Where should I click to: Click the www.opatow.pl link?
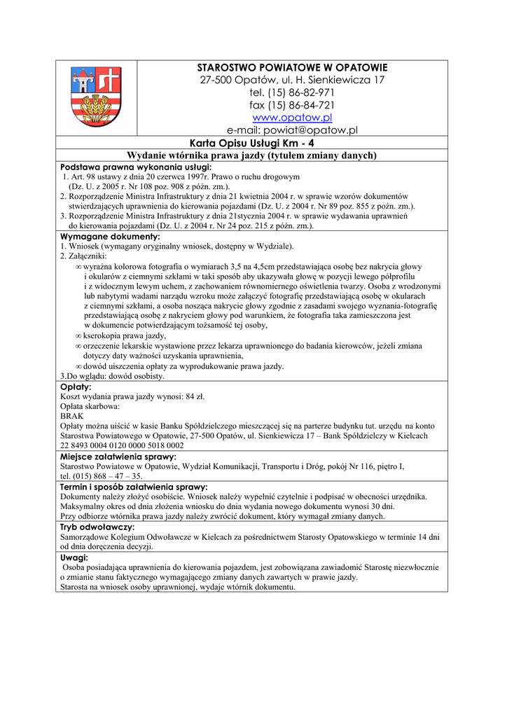coord(292,118)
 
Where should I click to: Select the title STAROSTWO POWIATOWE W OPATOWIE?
coord(292,67)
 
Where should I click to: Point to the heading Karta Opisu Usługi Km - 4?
coord(251,143)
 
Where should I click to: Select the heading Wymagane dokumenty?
coord(110,237)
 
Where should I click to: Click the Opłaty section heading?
coord(76,387)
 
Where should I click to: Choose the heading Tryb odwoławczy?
coord(98,527)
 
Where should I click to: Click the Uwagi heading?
coord(74,557)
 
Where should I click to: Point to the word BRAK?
coord(72,416)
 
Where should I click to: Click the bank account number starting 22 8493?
coord(123,445)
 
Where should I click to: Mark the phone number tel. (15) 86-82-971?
coord(292,92)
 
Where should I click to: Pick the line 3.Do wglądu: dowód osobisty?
coord(113,376)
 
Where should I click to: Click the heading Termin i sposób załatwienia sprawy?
coord(134,487)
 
